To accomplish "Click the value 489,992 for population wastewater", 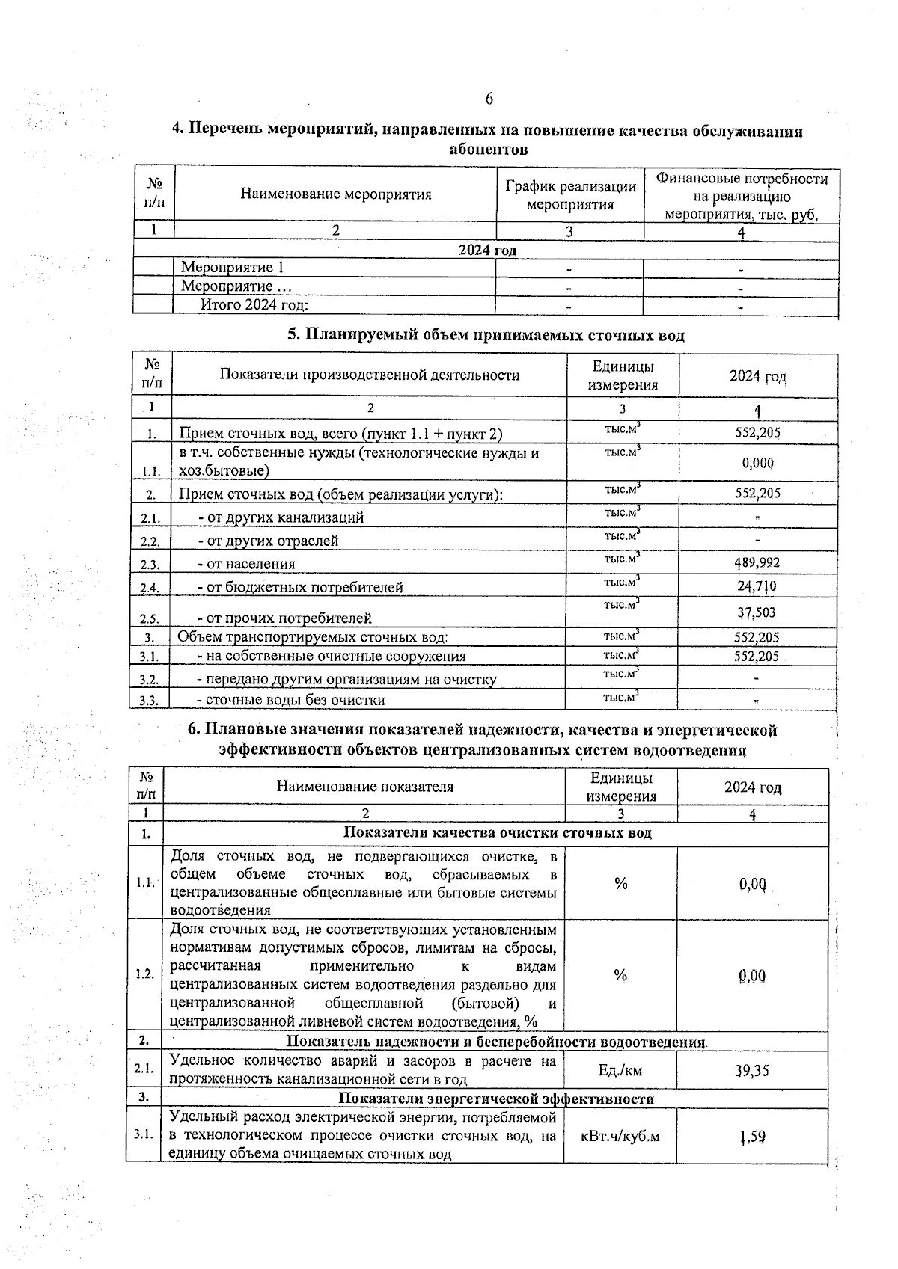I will [757, 562].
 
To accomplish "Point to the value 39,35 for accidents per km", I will [751, 1070].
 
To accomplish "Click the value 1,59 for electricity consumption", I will [751, 1137].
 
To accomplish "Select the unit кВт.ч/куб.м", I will [620, 1137].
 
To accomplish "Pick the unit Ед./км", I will [620, 1070].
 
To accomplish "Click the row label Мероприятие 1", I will [233, 268].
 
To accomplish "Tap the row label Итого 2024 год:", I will [254, 304].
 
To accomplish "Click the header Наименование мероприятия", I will [336, 194].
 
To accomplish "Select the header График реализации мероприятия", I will [570, 195].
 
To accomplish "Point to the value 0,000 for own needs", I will [757, 463].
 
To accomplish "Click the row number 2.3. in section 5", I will [150, 565].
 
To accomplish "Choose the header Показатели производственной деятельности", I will [369, 375].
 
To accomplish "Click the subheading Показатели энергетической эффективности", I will [496, 1099].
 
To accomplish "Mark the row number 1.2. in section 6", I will [145, 974].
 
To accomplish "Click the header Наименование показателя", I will [365, 787].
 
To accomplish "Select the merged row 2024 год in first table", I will [487, 250].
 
